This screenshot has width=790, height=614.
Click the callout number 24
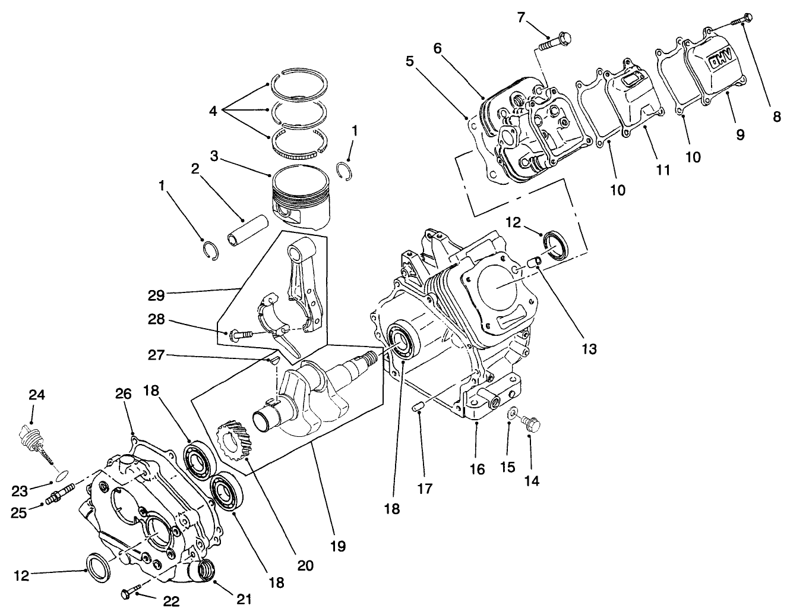click(36, 395)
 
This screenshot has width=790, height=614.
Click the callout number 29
click(156, 294)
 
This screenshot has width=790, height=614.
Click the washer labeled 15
click(511, 413)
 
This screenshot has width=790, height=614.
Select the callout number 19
click(339, 544)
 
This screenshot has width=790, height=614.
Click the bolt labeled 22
click(131, 593)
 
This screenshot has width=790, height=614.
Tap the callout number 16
click(476, 470)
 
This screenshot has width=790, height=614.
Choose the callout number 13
click(589, 348)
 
